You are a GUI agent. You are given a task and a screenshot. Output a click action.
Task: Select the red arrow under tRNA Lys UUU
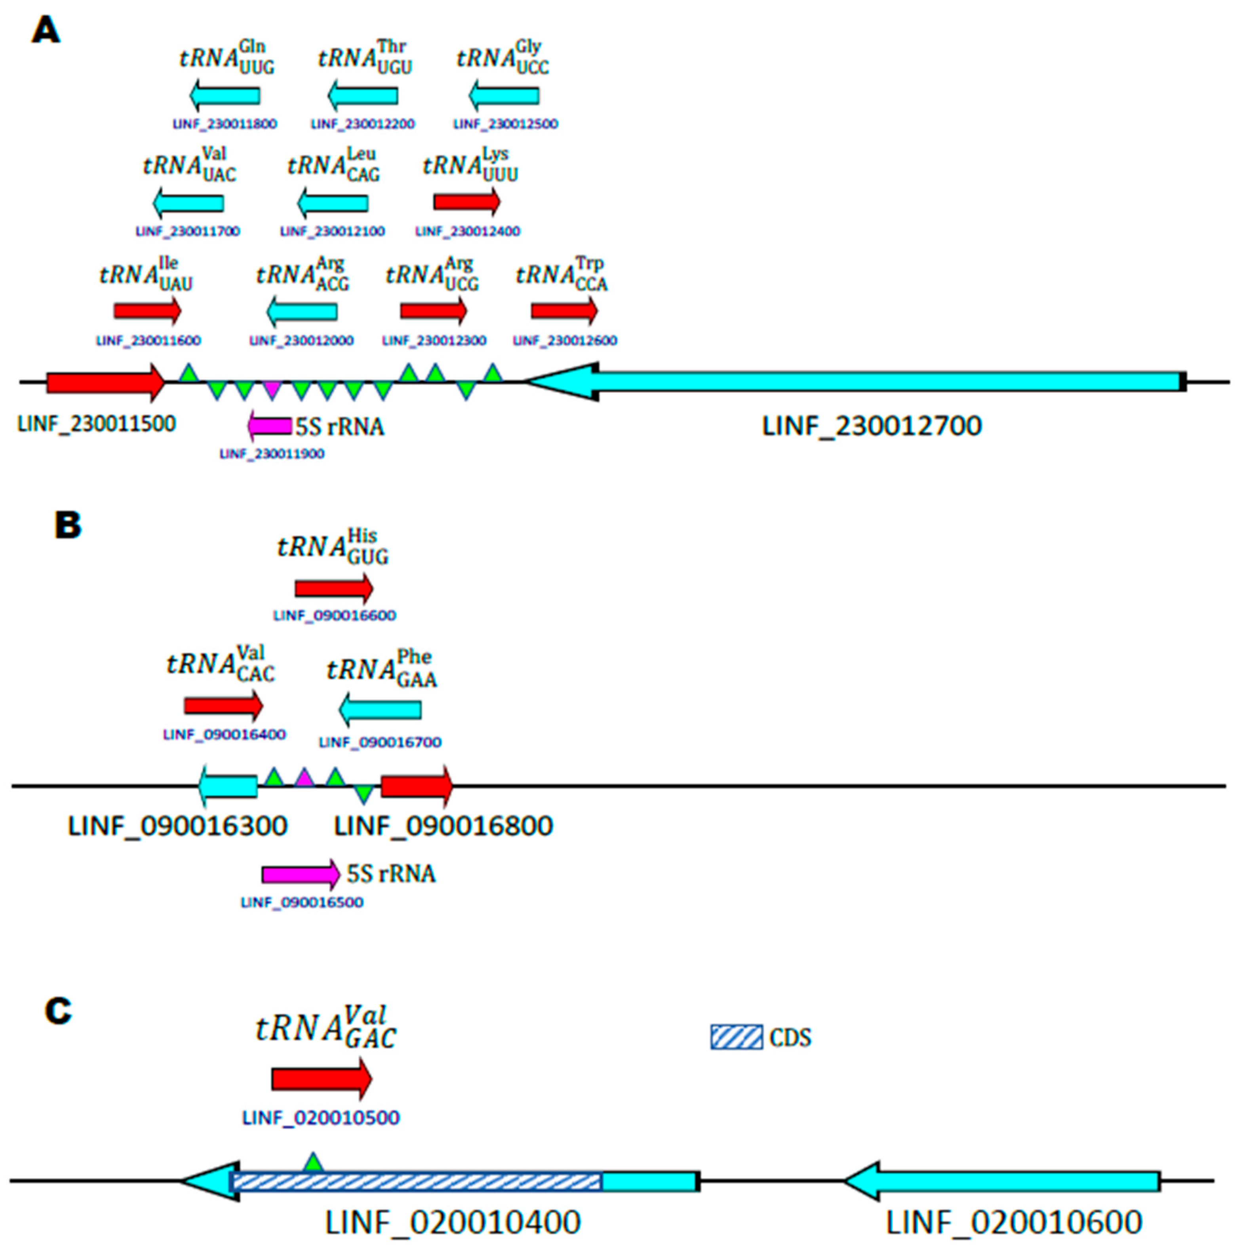[x=466, y=202]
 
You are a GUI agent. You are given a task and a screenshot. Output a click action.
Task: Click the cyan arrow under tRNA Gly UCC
[x=503, y=96]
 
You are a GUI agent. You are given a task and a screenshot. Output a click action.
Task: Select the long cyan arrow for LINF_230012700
[x=854, y=382]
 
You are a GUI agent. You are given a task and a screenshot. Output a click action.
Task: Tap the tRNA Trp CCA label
[x=561, y=275]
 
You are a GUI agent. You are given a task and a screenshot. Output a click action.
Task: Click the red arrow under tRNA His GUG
[x=334, y=588]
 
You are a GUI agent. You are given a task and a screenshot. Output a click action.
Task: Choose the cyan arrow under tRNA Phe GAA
[x=380, y=710]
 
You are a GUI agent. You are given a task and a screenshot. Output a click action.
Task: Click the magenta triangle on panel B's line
[x=304, y=777]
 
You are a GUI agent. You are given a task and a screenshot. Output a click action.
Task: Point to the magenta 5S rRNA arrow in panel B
[x=300, y=875]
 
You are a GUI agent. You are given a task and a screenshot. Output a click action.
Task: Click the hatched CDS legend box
[x=737, y=1037]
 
